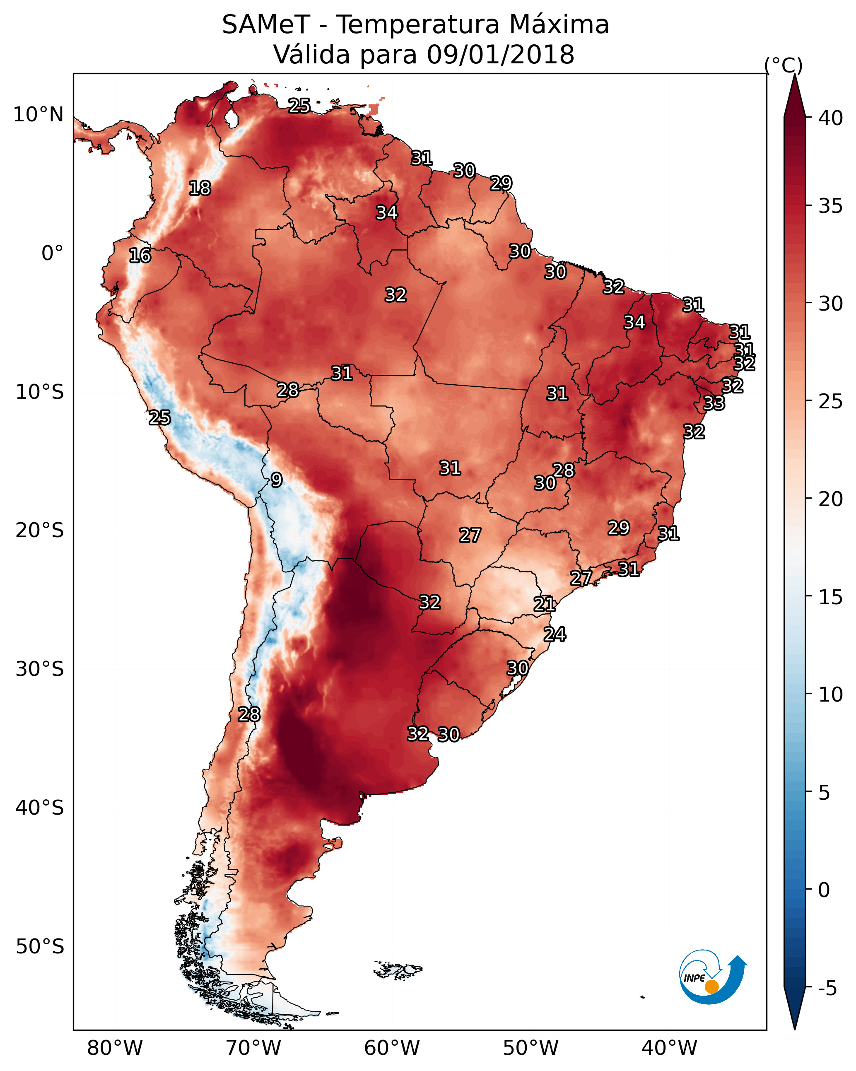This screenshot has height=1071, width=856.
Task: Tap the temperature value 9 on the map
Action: coord(277,480)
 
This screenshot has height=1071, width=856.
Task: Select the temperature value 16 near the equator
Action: coord(140,256)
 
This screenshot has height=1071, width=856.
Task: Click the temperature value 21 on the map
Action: coord(545,604)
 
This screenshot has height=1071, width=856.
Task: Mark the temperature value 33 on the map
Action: coord(714,403)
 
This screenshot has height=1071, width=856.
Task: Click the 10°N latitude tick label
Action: coord(38,115)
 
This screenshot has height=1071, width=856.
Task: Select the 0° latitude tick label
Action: coord(52,253)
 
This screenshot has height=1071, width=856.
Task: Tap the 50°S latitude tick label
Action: coord(40,947)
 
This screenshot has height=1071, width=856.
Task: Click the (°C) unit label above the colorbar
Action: coord(784,65)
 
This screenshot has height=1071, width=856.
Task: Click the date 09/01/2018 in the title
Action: coord(500,54)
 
